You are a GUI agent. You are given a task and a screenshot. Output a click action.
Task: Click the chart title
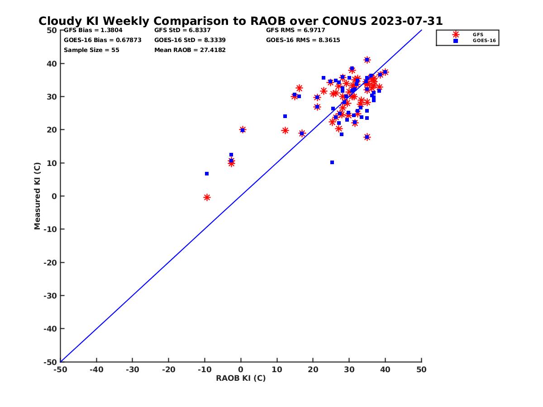(x=240, y=21)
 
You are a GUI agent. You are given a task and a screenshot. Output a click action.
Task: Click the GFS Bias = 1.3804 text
(x=93, y=30)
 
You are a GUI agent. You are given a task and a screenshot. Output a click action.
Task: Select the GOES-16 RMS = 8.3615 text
(x=303, y=40)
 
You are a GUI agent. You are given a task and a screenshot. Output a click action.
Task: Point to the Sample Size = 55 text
(x=91, y=50)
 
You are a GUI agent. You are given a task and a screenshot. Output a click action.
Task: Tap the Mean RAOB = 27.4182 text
(x=190, y=50)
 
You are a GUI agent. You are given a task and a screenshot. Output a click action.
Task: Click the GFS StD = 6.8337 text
(x=182, y=30)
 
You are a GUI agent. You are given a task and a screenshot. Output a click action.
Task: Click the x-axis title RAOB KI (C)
(x=241, y=378)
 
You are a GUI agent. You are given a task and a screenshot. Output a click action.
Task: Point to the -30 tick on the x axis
(x=132, y=369)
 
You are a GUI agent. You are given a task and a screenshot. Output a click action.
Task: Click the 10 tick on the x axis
(x=277, y=369)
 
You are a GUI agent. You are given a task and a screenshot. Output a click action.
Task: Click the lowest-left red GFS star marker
(x=207, y=197)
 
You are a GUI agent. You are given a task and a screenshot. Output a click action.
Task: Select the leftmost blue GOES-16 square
(x=207, y=174)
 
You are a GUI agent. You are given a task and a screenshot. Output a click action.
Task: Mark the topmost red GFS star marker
(x=367, y=60)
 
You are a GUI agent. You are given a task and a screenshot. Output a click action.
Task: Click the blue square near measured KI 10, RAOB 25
(x=332, y=162)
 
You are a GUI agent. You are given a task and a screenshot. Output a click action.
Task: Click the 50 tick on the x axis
(x=421, y=369)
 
